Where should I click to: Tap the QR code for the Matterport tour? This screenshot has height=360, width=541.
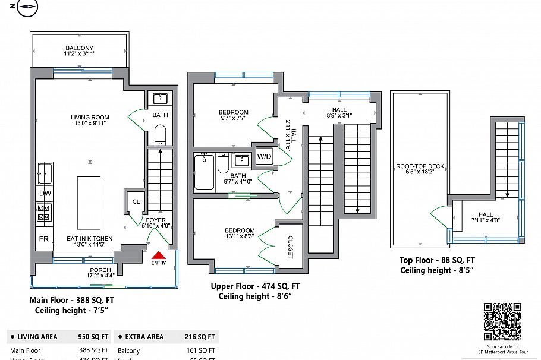point(502,321)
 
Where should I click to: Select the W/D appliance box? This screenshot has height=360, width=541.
point(263,157)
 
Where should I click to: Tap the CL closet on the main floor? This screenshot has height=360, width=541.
point(136,202)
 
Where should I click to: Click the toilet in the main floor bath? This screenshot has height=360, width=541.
point(161,134)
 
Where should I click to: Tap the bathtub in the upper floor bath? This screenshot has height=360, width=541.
point(203,172)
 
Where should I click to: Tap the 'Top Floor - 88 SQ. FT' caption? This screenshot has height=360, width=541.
point(437,260)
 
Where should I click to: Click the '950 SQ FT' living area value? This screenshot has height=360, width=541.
point(93,337)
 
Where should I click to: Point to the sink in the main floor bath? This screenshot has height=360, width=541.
point(161,99)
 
